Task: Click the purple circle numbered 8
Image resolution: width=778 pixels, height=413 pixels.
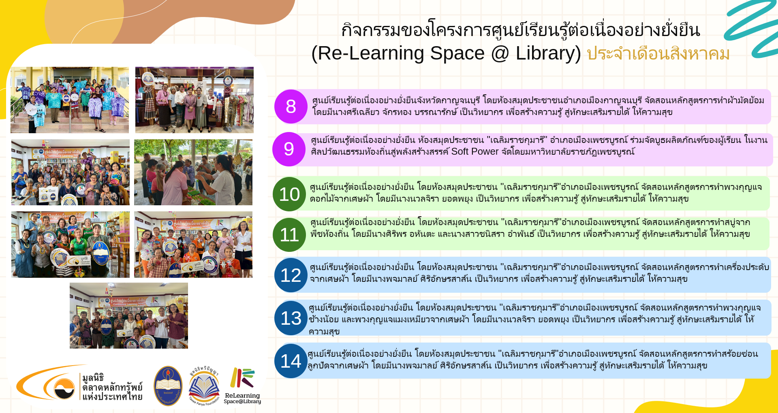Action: point(291,106)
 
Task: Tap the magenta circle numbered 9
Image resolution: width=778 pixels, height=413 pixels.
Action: point(289,149)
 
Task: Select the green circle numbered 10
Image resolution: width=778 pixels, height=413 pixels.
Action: point(290,194)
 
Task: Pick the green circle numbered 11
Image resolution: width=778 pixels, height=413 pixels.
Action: point(290,235)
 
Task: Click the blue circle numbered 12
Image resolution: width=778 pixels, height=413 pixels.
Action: point(291,275)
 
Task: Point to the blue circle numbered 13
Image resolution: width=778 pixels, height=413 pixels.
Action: point(291,318)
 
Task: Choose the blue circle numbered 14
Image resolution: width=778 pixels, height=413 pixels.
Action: point(291,361)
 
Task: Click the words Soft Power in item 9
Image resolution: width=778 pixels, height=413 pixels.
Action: point(475,151)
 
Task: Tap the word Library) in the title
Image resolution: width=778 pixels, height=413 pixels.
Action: point(548,53)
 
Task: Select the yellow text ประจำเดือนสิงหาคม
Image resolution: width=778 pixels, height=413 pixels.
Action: point(658,53)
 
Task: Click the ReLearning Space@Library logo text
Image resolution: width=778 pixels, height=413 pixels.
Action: point(242,398)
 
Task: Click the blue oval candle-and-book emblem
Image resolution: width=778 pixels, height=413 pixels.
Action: point(168,386)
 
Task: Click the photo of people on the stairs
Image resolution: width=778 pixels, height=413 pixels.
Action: point(70,100)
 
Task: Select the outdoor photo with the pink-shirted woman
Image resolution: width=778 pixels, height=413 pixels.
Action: point(193,172)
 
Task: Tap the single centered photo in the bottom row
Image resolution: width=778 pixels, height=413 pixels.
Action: point(129,316)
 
